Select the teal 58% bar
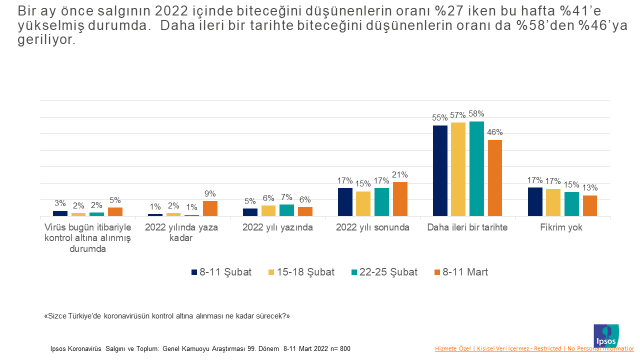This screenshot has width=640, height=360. point(476,168)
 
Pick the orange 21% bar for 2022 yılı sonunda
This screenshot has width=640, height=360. point(400,199)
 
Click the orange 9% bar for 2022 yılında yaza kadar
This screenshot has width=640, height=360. point(210,209)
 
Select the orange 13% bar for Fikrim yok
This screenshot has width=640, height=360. point(590,205)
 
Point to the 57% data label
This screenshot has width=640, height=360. point(458,115)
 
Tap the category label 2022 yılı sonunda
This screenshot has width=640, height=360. point(372,227)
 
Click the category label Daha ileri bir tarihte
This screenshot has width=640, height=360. point(468,227)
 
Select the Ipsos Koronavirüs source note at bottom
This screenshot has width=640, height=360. point(200,349)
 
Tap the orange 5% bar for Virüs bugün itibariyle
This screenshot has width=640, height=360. point(115,211)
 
